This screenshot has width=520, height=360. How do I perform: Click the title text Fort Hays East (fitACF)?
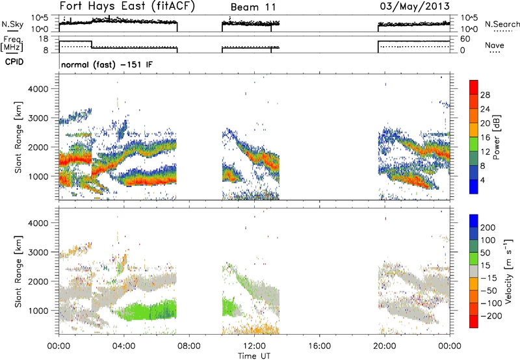(127, 7)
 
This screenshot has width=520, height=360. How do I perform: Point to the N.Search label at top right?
(499, 24)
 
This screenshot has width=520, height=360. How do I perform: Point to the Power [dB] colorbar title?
(495, 136)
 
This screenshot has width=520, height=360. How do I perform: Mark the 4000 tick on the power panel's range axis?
(44, 88)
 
